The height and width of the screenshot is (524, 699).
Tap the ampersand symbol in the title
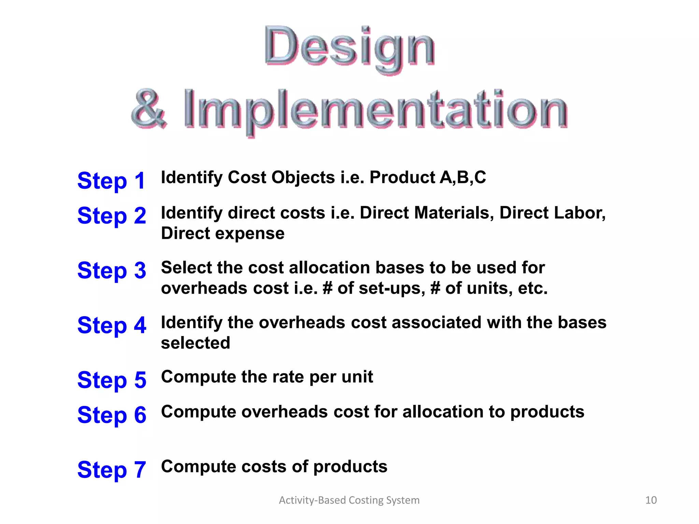[149, 109]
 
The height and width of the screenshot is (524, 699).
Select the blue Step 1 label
[112, 180]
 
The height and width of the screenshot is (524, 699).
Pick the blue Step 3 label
[112, 270]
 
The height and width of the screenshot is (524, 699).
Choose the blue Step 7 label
[112, 469]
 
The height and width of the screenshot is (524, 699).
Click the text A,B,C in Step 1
[463, 178]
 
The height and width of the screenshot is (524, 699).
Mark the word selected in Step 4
[196, 343]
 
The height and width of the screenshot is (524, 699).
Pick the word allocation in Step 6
[443, 412]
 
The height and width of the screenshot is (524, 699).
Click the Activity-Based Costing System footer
[349, 500]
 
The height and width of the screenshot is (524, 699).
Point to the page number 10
[651, 500]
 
